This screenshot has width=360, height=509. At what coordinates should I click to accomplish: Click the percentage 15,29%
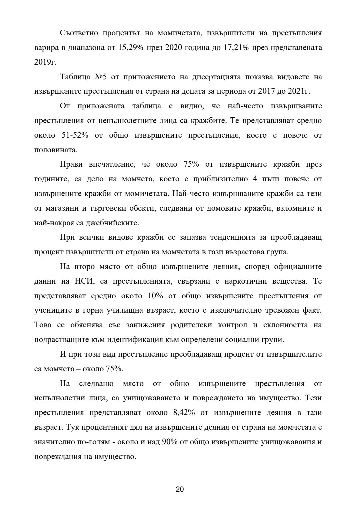(x=131, y=48)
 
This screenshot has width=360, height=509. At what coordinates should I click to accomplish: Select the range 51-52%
(x=74, y=135)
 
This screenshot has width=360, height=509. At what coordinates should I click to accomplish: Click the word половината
(x=56, y=150)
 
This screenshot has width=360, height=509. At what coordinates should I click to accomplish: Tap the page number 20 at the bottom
(x=180, y=489)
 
